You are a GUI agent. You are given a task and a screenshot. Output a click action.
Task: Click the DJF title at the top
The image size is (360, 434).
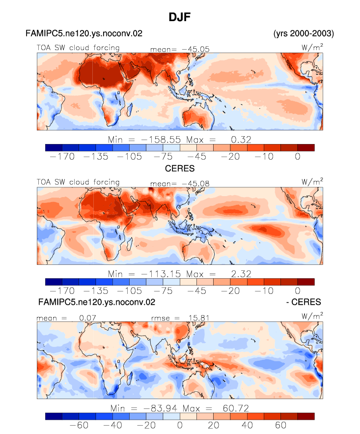click(180, 17)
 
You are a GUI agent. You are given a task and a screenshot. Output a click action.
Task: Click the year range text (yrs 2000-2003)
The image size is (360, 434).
click(304, 33)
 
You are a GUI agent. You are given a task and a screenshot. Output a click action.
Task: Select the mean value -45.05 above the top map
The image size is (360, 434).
click(195, 49)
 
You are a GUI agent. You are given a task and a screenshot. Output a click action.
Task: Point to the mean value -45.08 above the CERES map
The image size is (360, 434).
click(195, 183)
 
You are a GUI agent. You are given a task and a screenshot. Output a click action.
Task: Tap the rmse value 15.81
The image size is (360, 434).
click(199, 318)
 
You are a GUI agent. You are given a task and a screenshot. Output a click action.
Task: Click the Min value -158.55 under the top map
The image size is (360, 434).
click(161, 140)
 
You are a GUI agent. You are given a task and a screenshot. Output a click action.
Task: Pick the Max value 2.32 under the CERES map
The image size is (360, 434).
click(241, 274)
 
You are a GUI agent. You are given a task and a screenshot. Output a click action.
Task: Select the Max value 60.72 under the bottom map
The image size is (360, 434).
click(236, 408)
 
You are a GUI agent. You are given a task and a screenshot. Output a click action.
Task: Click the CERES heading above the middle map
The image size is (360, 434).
click(180, 168)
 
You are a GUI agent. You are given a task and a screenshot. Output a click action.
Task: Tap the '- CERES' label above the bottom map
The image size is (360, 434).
click(304, 302)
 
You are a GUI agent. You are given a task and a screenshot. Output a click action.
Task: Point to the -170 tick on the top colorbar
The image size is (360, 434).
click(62, 157)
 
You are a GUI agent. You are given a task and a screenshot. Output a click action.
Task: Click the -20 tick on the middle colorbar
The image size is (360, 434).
click(230, 291)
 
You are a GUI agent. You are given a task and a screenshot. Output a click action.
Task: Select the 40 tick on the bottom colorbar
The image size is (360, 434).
click(247, 425)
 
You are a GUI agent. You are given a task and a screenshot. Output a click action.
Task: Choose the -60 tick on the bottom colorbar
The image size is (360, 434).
click(79, 425)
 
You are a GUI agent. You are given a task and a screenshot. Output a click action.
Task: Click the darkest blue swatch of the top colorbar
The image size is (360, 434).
click(54, 148)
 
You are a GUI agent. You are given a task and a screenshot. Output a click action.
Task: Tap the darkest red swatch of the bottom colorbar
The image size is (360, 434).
click(306, 417)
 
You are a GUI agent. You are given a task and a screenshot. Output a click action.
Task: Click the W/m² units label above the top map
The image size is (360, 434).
click(312, 47)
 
